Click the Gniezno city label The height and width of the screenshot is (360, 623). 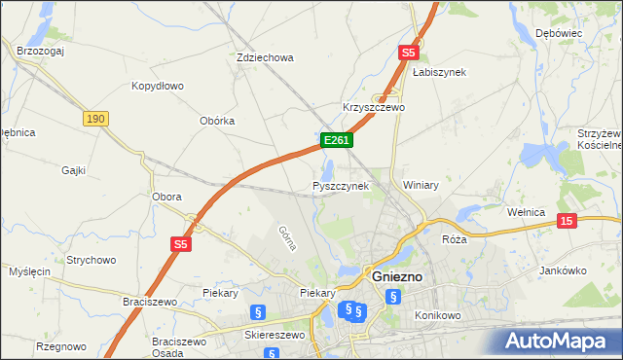coord(397,277)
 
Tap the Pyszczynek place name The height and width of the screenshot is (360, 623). coord(341,186)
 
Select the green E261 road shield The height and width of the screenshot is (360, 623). coord(337,141)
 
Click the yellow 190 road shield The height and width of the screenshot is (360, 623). coord(94,119)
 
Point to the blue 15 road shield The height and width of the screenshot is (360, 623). coord(568,222)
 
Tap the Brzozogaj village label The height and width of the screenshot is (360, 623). coord(40,50)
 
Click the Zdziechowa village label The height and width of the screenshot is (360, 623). coord(265,57)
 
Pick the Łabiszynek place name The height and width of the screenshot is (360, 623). coord(439,72)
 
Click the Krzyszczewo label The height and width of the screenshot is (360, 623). coord(374,107)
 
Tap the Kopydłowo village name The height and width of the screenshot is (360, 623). coord(158,86)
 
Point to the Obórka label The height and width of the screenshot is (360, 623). coord(217,121)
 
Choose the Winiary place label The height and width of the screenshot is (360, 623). coord(421,185)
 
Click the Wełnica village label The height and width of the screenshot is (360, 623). coord(530,210)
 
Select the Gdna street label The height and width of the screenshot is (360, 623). coord(286,237)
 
